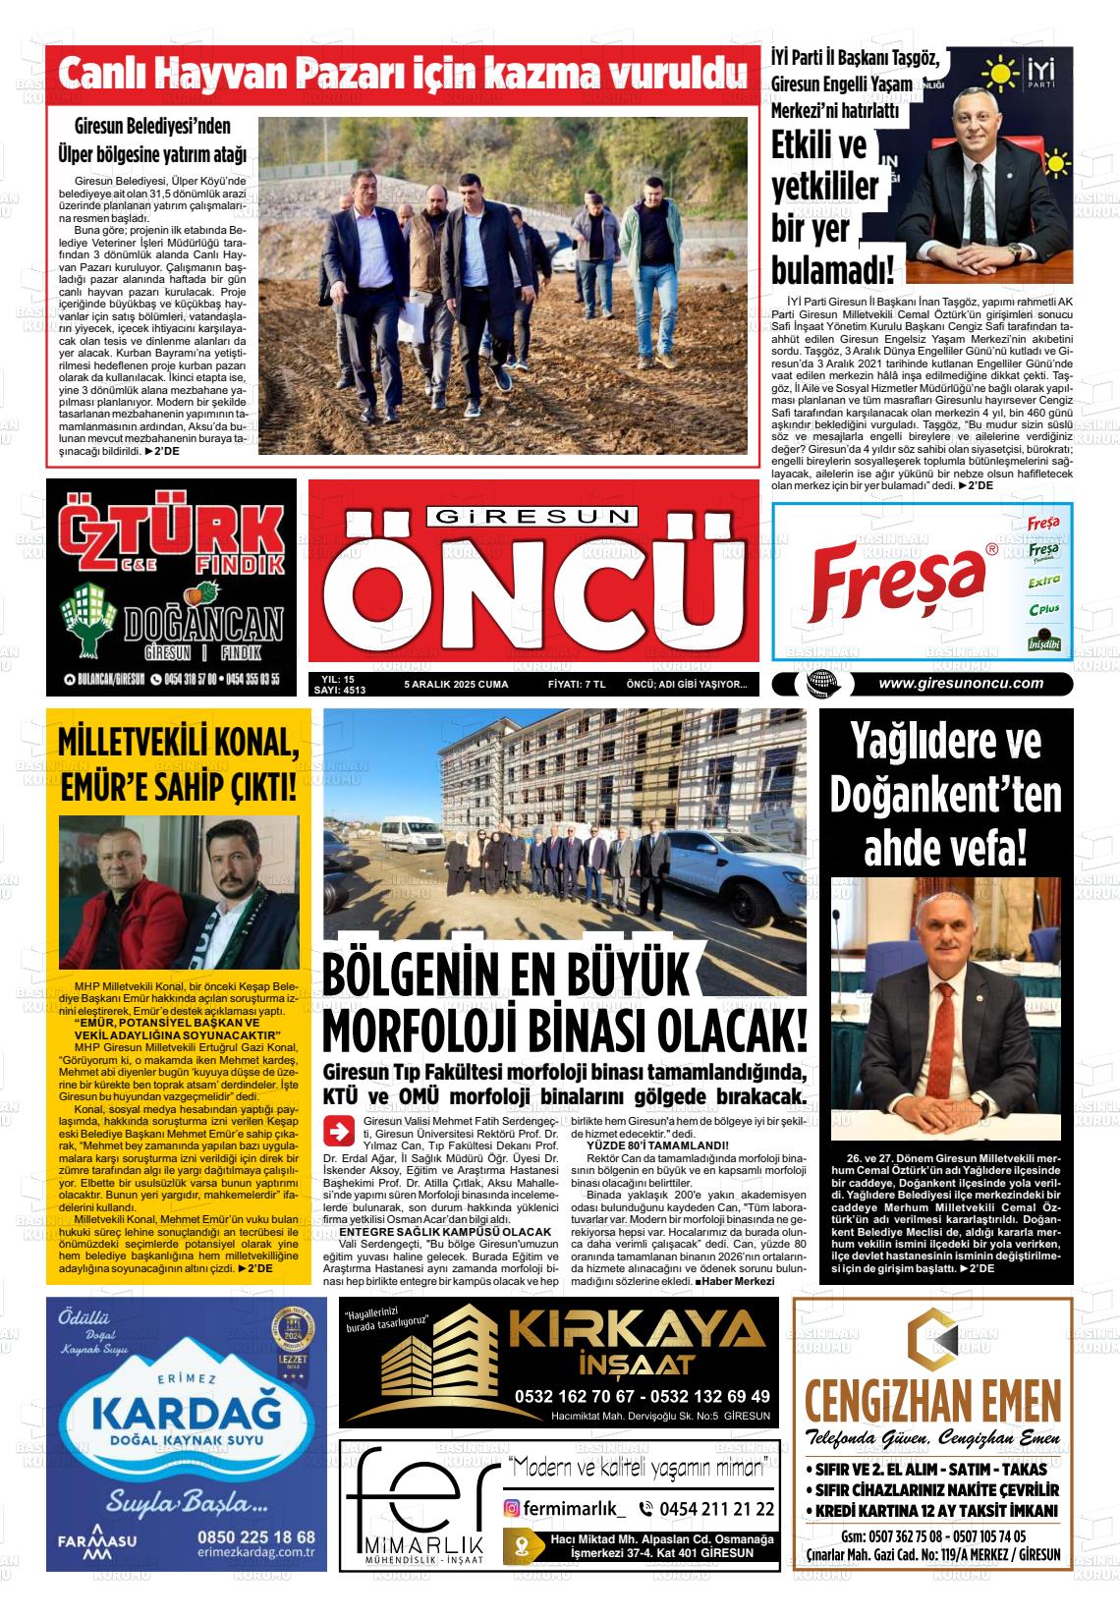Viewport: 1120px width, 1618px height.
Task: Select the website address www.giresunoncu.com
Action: click(960, 684)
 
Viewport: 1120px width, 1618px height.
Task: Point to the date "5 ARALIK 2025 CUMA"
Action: click(456, 684)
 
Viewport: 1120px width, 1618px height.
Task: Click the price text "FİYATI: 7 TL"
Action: click(577, 684)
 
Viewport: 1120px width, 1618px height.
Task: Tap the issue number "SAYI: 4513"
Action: click(339, 691)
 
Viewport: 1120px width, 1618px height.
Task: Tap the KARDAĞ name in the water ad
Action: click(184, 1414)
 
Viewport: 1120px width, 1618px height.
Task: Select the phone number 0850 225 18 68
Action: click(255, 1536)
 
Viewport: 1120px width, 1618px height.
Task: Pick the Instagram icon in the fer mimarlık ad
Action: click(512, 1508)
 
